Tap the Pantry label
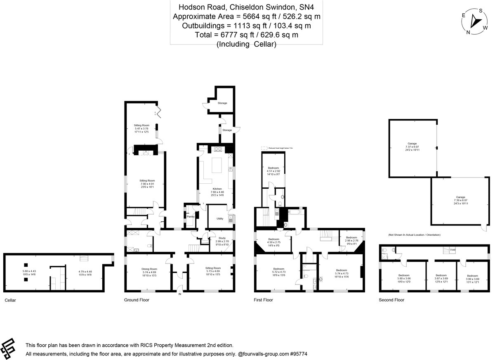[190, 216]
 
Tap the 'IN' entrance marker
[179, 294]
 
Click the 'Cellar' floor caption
[10, 300]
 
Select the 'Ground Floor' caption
[137, 300]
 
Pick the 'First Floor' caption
[263, 300]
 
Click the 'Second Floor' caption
[391, 300]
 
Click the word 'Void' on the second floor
[453, 249]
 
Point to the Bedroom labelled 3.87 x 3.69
[441, 275]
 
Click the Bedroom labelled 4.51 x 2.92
[273, 168]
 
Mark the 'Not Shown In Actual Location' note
[414, 234]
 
